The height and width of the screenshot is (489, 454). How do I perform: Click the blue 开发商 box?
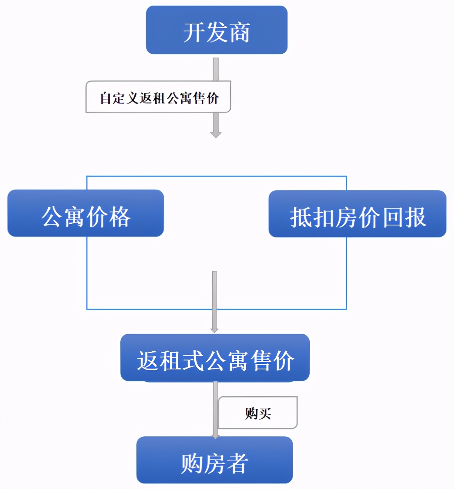(x=216, y=30)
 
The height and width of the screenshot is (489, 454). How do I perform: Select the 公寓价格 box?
(x=86, y=213)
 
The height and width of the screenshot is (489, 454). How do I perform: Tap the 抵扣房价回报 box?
(x=357, y=214)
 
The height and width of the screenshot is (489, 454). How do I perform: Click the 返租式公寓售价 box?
(x=215, y=358)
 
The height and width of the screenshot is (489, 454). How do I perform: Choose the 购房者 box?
(x=214, y=460)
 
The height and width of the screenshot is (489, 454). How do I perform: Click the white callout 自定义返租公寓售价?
(x=158, y=97)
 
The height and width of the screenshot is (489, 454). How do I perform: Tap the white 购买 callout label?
(x=258, y=413)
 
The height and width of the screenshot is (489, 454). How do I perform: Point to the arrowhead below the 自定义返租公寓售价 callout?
(x=216, y=134)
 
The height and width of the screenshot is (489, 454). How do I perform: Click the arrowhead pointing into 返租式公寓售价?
(x=214, y=330)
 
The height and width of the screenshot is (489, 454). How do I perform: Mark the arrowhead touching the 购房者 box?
(x=215, y=436)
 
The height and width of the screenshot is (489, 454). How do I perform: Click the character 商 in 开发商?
(x=240, y=33)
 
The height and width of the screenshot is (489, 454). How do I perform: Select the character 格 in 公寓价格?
(x=120, y=217)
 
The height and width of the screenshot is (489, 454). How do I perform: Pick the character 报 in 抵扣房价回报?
(x=415, y=217)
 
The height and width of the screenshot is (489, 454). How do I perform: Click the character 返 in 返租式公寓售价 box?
(x=148, y=361)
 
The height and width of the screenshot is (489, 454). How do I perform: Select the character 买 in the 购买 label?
(x=265, y=414)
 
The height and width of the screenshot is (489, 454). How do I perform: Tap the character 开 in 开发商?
(x=194, y=33)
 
